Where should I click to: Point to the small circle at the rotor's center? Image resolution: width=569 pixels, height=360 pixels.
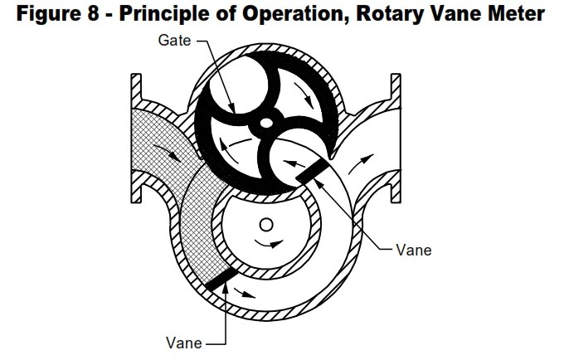tap(265, 224)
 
